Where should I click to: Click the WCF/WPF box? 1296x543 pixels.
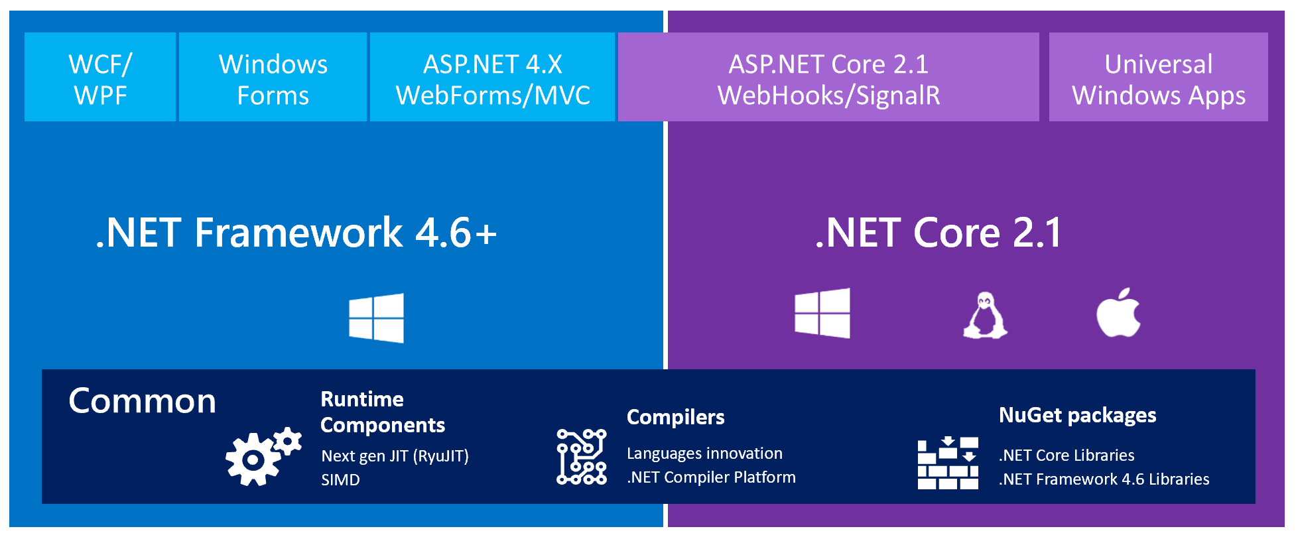coord(100,78)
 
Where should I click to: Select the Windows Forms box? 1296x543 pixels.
coord(273,78)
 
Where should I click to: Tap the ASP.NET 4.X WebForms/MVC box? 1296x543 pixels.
coord(492,78)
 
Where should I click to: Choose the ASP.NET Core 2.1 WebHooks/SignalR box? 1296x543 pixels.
coord(828,78)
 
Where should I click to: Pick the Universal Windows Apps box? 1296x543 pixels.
coord(1158,78)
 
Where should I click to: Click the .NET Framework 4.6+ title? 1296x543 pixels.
coord(296,233)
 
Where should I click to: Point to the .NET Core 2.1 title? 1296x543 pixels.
coord(939,233)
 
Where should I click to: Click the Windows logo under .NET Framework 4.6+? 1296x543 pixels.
coord(376,318)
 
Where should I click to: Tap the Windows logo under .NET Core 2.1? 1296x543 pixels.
coord(822,314)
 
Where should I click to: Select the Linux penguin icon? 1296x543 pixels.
coord(985,316)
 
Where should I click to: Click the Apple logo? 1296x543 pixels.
coord(1118,313)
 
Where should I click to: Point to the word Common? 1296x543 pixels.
coord(142,401)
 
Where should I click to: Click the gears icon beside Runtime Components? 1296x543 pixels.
coord(262,457)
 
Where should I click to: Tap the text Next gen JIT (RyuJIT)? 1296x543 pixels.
coord(395,456)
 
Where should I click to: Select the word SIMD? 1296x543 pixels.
coord(340,480)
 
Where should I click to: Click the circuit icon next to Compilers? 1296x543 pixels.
coord(581,457)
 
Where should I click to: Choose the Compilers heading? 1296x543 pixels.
coord(675,417)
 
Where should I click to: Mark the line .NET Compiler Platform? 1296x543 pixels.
coord(711,477)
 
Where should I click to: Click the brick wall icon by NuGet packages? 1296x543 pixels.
coord(947,463)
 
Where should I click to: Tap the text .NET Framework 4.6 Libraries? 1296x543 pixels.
coord(1104,479)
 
